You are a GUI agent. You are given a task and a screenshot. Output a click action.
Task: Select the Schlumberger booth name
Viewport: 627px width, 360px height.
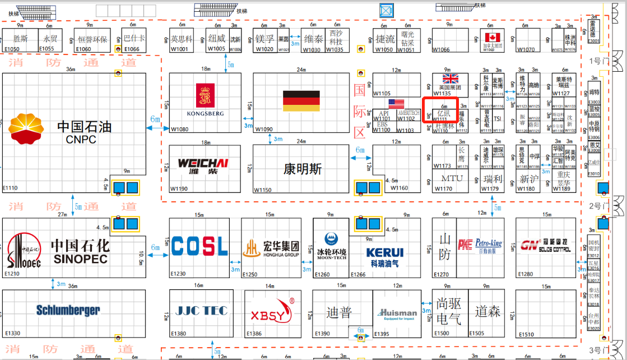tap(68, 310)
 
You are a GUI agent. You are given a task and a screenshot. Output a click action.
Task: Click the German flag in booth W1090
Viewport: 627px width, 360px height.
tap(301, 100)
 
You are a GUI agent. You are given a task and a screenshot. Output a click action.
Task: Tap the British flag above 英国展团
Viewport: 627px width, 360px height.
tap(450, 79)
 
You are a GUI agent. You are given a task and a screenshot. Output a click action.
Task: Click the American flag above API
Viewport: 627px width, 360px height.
tap(396, 104)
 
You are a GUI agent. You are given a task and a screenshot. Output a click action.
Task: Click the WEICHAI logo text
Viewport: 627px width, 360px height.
tap(203, 164)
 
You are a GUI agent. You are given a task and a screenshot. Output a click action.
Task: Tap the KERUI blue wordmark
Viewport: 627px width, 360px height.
tap(385, 252)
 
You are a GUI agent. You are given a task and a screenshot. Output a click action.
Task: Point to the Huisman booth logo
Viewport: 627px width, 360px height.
tap(397, 313)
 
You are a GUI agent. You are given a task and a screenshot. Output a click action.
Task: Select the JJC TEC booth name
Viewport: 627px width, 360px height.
tap(202, 310)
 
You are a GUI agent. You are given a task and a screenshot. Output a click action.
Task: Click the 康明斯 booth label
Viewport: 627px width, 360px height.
tap(303, 168)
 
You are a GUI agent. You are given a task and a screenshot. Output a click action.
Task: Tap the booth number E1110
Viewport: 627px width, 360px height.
tap(11, 188)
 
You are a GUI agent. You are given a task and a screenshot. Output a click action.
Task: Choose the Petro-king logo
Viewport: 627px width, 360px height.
tap(480, 244)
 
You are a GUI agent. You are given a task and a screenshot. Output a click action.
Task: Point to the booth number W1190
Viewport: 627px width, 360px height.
tap(179, 189)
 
